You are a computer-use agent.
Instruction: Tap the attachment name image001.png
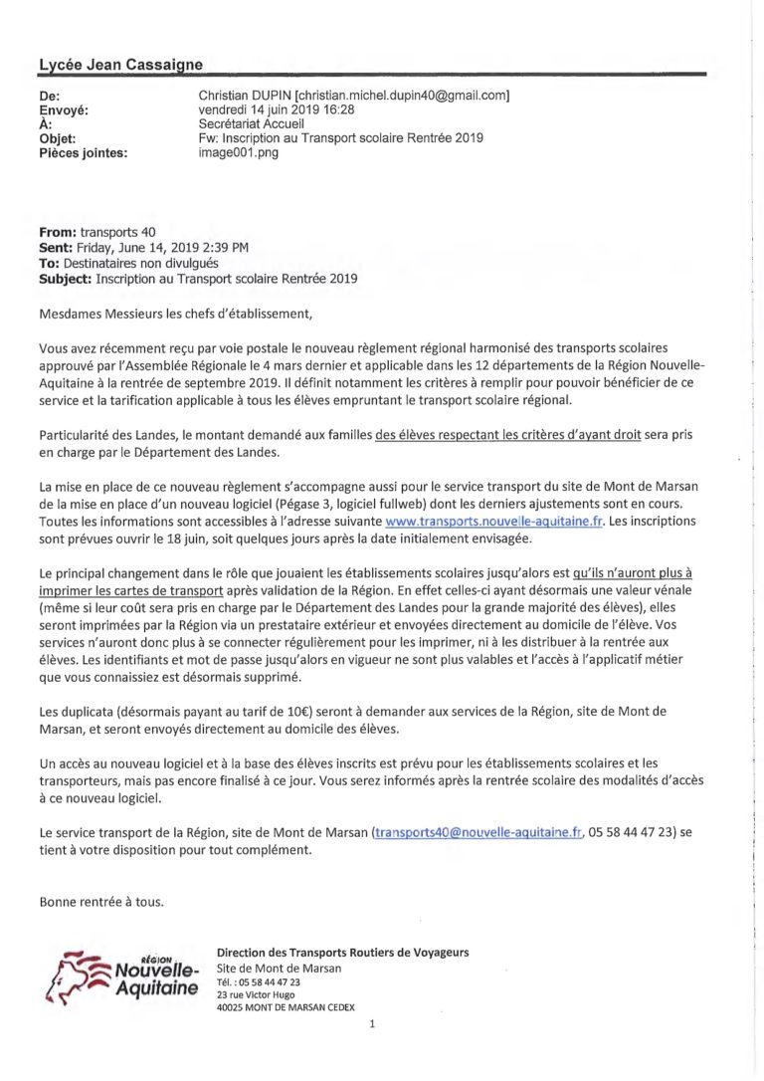239,152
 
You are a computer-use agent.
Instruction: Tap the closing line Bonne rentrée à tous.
101,902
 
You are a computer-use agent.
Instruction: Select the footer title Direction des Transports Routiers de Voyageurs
342,953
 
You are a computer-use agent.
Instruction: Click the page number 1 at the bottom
370,1023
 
